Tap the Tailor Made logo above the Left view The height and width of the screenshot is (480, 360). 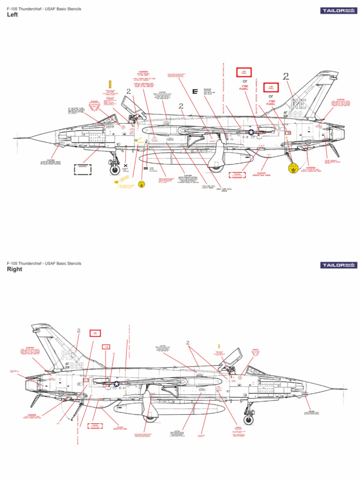click(x=337, y=10)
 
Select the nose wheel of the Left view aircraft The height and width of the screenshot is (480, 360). click(x=114, y=170)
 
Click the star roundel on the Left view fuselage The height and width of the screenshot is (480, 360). click(x=251, y=133)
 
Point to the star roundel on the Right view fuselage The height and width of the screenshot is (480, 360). click(x=115, y=384)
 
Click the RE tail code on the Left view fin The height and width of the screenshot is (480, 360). click(x=299, y=103)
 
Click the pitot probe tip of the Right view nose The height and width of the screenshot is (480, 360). click(x=346, y=389)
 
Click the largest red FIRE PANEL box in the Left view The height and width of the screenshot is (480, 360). click(x=240, y=72)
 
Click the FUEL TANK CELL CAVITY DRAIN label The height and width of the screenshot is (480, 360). click(x=208, y=186)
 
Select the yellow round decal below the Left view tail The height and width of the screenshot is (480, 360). click(x=293, y=168)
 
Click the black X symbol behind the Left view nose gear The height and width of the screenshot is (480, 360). click(x=126, y=165)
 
